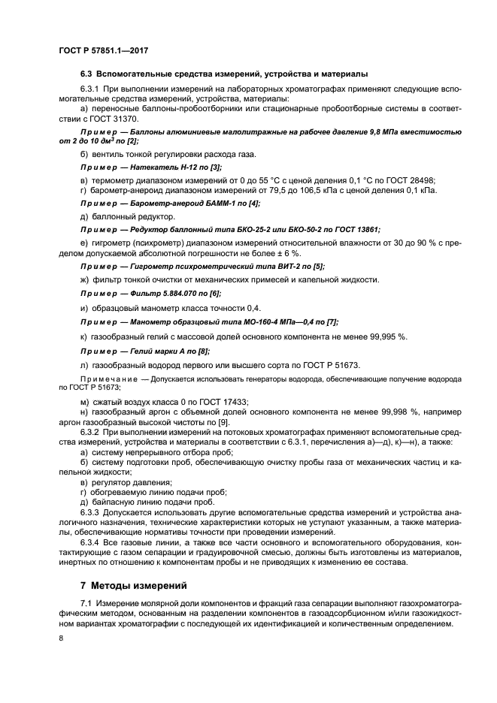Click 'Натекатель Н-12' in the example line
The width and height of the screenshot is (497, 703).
pos(159,167)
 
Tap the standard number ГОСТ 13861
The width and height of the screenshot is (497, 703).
pos(353,229)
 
